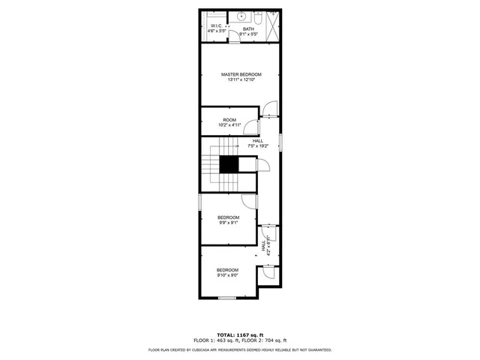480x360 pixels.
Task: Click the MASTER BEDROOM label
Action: click(x=241, y=74)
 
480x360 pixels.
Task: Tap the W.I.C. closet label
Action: click(x=217, y=28)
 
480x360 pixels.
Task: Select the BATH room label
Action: click(x=248, y=29)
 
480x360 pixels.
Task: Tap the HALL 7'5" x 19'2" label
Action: click(x=257, y=143)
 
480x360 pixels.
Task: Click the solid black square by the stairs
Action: click(x=228, y=166)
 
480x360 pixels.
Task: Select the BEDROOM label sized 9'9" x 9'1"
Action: click(x=228, y=220)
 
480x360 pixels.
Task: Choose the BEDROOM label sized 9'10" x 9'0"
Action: click(x=227, y=272)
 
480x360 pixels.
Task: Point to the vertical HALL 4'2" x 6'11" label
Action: click(x=266, y=245)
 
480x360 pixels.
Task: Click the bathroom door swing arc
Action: click(x=234, y=40)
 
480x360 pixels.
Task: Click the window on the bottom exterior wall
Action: click(x=227, y=298)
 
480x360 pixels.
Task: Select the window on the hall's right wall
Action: click(x=281, y=142)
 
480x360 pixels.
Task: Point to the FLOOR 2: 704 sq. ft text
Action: click(x=263, y=340)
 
